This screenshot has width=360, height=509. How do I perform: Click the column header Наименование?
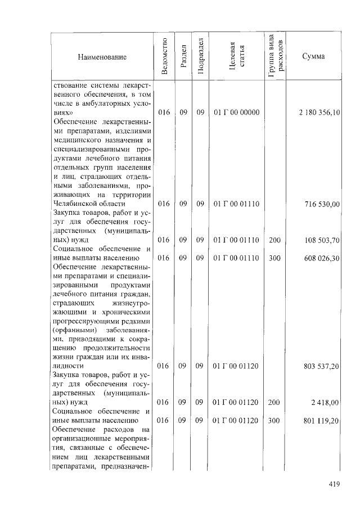[102, 57]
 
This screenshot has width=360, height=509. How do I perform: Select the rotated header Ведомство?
[164, 57]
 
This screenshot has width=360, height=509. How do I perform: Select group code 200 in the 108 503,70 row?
[274, 240]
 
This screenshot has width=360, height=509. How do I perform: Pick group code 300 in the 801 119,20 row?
[274, 420]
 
